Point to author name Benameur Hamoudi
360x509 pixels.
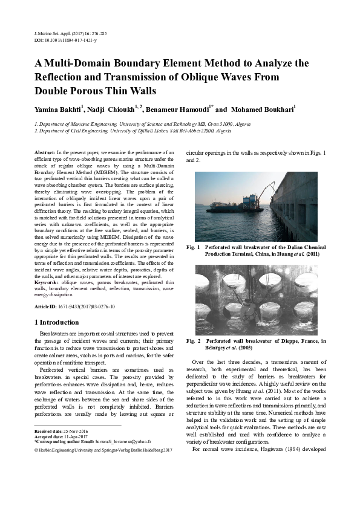[x=180, y=110]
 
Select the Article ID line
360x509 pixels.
[x=74, y=307]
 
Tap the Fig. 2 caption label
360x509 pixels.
[x=194, y=342]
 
